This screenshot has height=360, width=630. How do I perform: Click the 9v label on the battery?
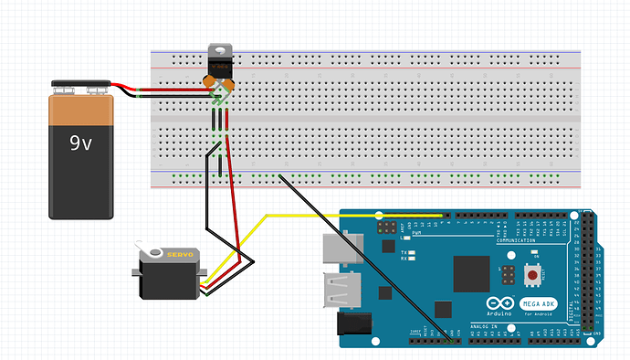point(81,143)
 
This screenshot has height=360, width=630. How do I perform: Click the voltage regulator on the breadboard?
point(219,64)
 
